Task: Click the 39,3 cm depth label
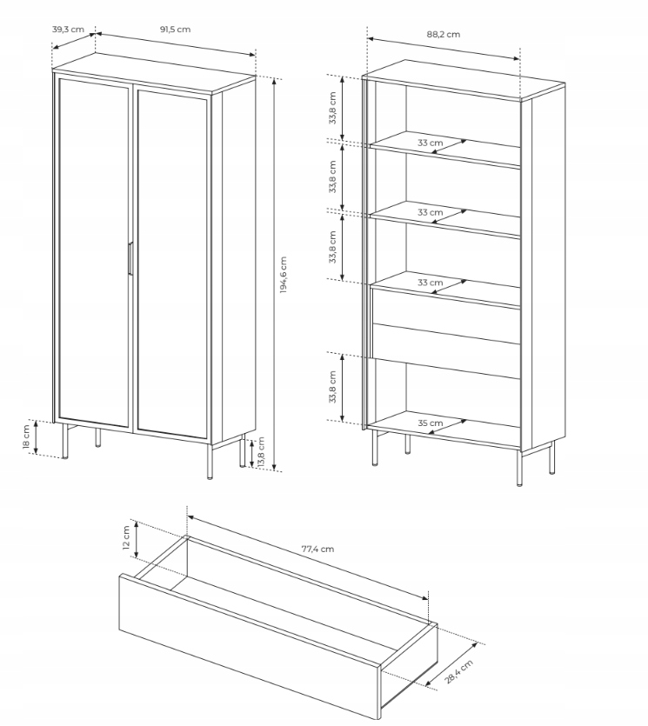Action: pyautogui.click(x=68, y=30)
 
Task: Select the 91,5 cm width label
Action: pyautogui.click(x=175, y=30)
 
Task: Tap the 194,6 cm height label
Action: pyautogui.click(x=283, y=275)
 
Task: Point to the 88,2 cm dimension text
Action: pyautogui.click(x=444, y=34)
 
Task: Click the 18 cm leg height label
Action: pyautogui.click(x=26, y=437)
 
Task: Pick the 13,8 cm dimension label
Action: pyautogui.click(x=260, y=452)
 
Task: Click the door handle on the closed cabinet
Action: pyautogui.click(x=130, y=259)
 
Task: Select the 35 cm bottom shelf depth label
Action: pyautogui.click(x=431, y=423)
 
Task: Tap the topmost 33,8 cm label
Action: pyautogui.click(x=332, y=108)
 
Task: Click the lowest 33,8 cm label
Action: pyautogui.click(x=332, y=387)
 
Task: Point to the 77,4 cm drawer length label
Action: pyautogui.click(x=317, y=549)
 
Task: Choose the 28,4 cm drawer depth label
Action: pyautogui.click(x=459, y=672)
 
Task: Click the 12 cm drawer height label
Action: pyautogui.click(x=126, y=537)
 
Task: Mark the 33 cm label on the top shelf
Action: pyautogui.click(x=431, y=143)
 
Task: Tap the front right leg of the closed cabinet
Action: pyautogui.click(x=210, y=461)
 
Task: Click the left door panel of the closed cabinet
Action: pyautogui.click(x=94, y=252)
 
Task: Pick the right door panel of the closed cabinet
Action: pyautogui.click(x=172, y=264)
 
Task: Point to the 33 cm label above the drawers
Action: pyautogui.click(x=431, y=283)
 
